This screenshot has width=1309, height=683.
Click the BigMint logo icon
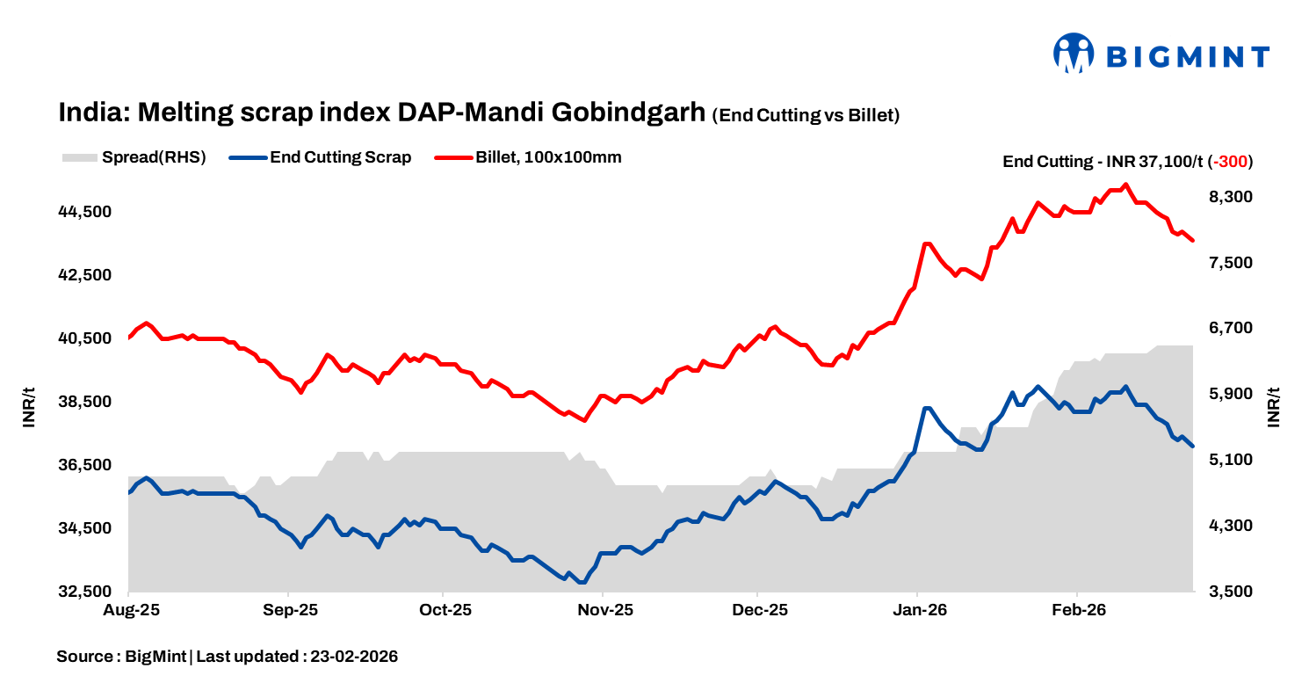1073,54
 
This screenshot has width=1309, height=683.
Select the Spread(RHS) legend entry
134,158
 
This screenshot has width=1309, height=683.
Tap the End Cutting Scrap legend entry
321,158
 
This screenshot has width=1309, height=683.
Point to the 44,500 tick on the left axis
86,212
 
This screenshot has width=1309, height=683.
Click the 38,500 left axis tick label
86,402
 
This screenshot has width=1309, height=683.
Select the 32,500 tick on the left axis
86,592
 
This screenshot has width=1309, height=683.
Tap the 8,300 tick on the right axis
1230,197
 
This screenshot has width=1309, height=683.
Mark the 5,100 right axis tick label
1230,460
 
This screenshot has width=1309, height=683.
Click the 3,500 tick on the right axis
1230,592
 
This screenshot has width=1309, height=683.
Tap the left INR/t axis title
30,407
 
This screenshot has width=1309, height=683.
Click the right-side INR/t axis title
1275,407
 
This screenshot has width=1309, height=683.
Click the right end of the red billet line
1192,240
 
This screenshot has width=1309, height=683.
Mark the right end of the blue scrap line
1192,447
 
